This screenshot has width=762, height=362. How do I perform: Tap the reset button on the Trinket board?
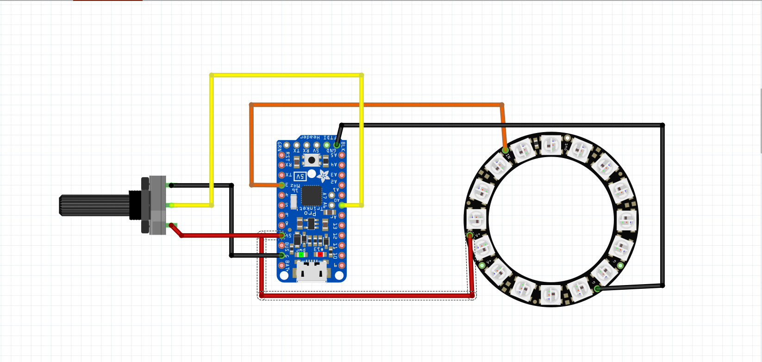(x=312, y=160)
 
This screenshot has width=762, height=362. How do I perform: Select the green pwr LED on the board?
(x=301, y=254)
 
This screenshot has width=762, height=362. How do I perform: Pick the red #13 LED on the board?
(x=320, y=254)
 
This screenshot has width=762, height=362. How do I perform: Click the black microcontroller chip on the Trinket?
(x=312, y=196)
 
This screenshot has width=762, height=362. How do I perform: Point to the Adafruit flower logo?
(x=323, y=176)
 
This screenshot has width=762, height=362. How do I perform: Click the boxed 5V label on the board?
(x=300, y=177)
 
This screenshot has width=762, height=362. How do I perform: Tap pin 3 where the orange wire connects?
(x=281, y=185)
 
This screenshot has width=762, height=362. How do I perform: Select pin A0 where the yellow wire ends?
(x=342, y=205)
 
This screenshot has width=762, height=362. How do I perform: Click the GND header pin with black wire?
(x=337, y=146)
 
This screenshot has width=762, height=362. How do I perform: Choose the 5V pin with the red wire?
(x=281, y=235)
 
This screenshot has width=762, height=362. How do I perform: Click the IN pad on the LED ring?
(x=505, y=150)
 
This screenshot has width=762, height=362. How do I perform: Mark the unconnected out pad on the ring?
(x=567, y=138)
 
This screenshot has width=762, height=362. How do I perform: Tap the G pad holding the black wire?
(x=597, y=288)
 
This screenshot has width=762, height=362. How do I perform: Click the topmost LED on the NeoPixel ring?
(x=550, y=145)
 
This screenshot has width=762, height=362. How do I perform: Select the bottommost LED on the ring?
(x=550, y=294)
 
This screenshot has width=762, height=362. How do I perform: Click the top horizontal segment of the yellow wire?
(x=287, y=75)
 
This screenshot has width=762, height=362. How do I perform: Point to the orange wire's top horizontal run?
(x=375, y=105)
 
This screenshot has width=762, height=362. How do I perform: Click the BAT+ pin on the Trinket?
(x=281, y=266)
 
